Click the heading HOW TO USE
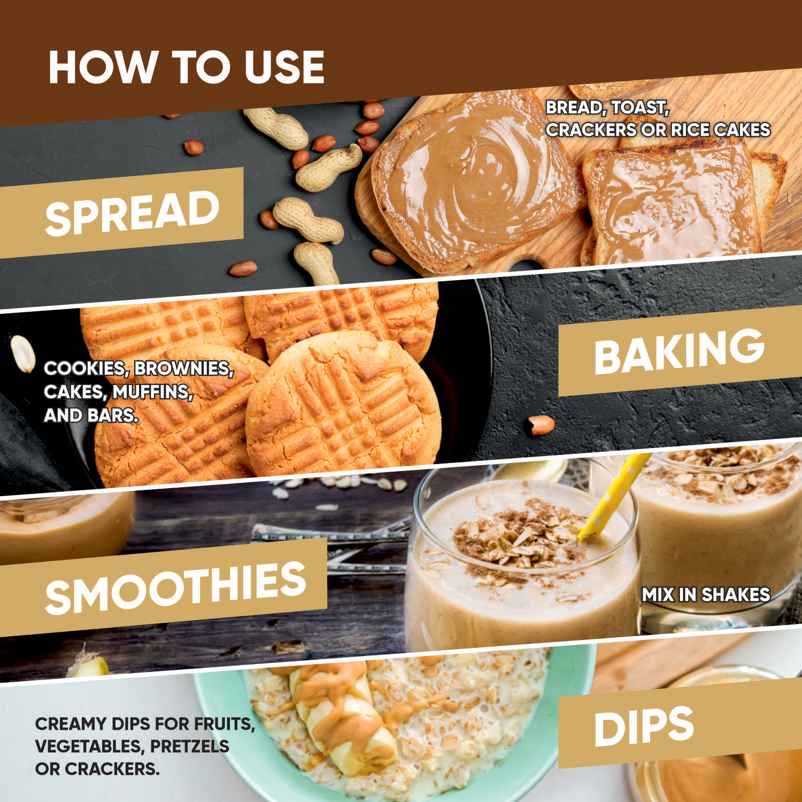pos(186,67)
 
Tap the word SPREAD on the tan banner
pos(133,213)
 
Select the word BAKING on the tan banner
pos(679,351)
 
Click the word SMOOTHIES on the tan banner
pos(175,588)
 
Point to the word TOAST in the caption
pos(640,107)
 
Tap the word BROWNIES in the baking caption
pos(184,369)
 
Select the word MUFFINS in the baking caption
pos(152,392)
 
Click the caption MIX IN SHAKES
pos(706,595)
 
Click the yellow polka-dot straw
pos(614,497)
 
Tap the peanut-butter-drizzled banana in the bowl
pos(342,716)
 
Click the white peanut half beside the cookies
pos(22,353)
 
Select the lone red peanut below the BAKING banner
pos(542,425)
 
